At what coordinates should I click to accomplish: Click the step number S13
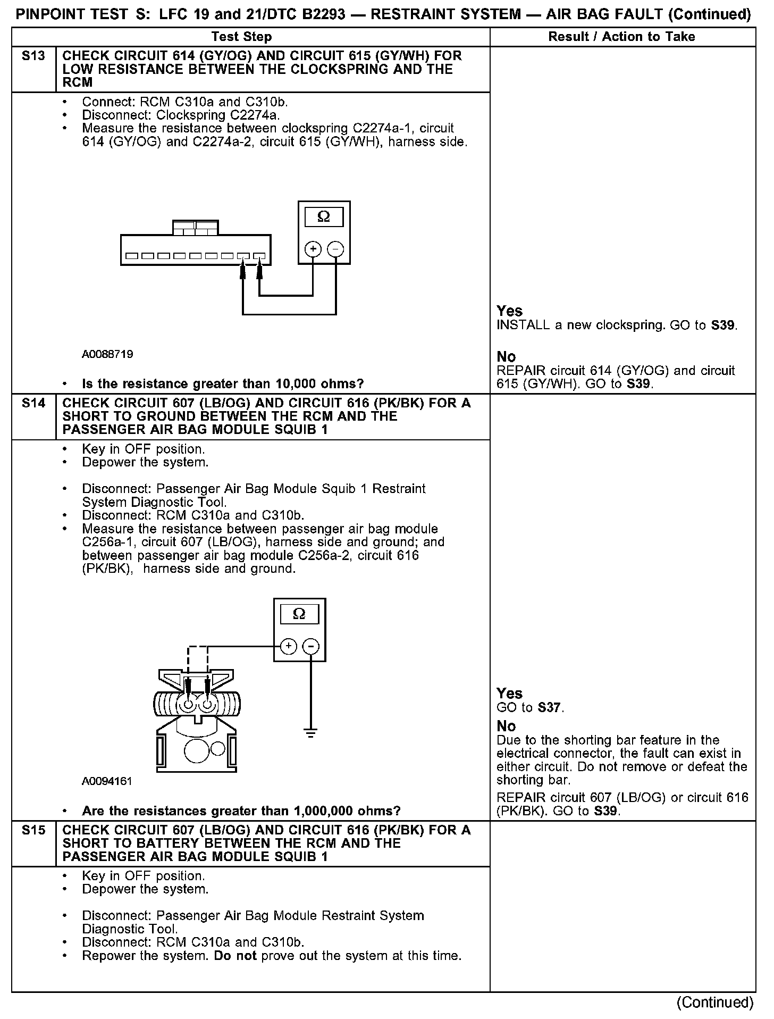click(33, 56)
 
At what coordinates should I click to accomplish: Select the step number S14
click(33, 403)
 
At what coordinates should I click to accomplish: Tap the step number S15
click(33, 830)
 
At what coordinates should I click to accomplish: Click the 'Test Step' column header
click(241, 37)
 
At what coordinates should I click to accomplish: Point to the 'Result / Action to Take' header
click(621, 37)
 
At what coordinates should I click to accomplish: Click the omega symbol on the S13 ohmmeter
click(323, 217)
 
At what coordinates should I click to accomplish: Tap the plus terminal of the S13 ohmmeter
click(313, 249)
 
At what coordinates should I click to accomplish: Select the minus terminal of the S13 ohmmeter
click(335, 249)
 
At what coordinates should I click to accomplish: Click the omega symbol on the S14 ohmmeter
click(299, 614)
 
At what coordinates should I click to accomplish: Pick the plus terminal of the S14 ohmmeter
click(288, 646)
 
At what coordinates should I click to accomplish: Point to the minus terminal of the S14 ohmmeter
click(311, 646)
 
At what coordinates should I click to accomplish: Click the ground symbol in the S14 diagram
click(311, 732)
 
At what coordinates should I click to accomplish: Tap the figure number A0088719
click(107, 354)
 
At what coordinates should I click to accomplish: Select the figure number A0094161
click(107, 781)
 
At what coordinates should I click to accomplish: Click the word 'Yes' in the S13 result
click(509, 311)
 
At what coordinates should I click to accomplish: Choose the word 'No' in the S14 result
click(506, 726)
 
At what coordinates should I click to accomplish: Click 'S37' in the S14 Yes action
click(550, 708)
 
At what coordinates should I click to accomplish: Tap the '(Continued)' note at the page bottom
click(714, 1002)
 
